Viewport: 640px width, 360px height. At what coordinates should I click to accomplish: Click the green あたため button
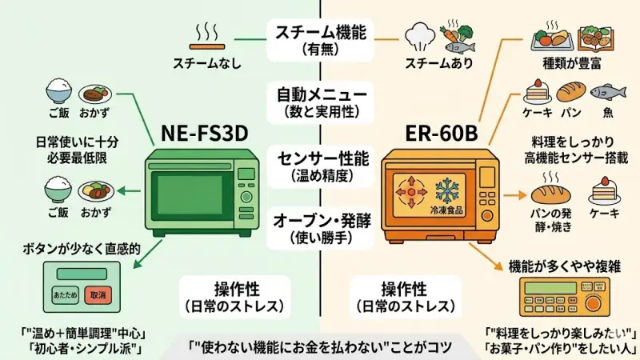pos(66,294)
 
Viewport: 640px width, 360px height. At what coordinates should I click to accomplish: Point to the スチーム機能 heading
pos(320,33)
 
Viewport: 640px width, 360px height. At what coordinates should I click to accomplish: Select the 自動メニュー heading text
pos(320,94)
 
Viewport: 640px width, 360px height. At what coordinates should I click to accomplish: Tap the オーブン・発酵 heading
pos(320,218)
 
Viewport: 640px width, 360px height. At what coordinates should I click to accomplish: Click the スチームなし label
pos(206,62)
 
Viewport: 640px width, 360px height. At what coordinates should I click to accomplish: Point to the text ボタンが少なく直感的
pos(82,250)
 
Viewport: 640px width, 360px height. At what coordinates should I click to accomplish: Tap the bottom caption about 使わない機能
pos(320,347)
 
